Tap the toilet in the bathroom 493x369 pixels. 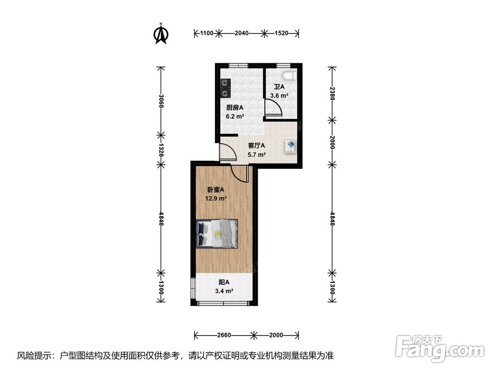[x=289, y=76]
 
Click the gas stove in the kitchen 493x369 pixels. [x=225, y=88]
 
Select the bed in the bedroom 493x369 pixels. [x=216, y=234]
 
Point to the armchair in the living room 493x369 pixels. [x=290, y=147]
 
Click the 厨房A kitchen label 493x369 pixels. [x=235, y=108]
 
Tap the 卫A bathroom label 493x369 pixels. [x=279, y=87]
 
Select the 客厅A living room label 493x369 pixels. [x=256, y=146]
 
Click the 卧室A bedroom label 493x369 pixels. [x=216, y=189]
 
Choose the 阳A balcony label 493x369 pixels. [x=224, y=282]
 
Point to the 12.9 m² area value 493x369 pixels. [x=216, y=198]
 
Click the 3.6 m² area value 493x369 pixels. [x=279, y=96]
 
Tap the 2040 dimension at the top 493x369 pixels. [x=242, y=33]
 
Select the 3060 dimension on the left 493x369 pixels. [x=161, y=101]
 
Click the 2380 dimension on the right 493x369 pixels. [x=332, y=93]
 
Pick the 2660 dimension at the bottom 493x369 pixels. [x=224, y=335]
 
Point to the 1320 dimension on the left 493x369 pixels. [x=161, y=150]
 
